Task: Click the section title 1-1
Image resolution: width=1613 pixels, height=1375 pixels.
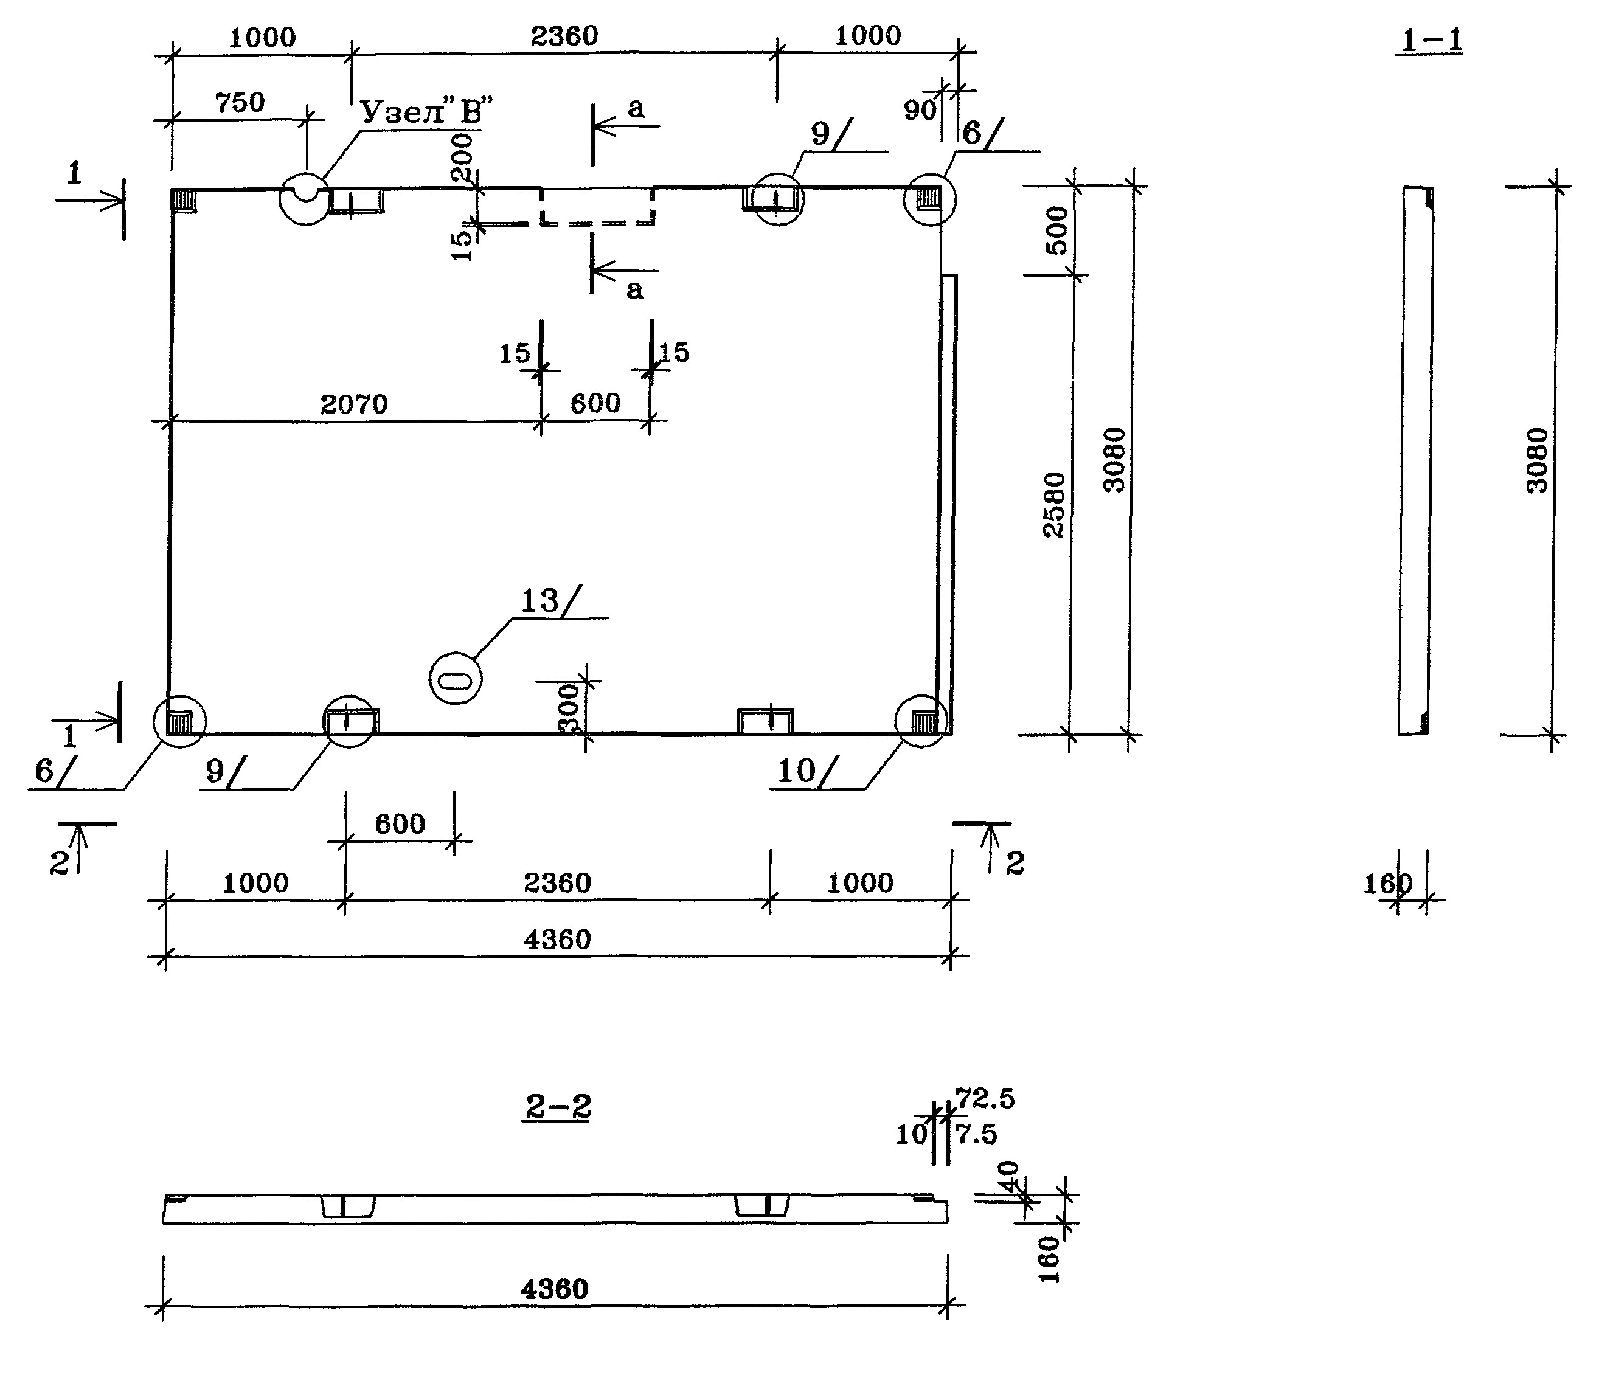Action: pyautogui.click(x=1431, y=41)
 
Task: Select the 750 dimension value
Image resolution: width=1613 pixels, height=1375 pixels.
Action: pyautogui.click(x=240, y=102)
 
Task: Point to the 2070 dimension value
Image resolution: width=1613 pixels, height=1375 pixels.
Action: pyautogui.click(x=353, y=404)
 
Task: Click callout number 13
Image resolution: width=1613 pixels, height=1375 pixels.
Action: pyautogui.click(x=539, y=601)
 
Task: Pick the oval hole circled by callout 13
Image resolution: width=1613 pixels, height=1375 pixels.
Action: pyautogui.click(x=456, y=679)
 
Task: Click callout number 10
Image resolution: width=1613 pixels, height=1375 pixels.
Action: pyautogui.click(x=796, y=771)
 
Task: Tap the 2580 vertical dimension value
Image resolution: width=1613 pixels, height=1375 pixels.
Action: pyautogui.click(x=1055, y=504)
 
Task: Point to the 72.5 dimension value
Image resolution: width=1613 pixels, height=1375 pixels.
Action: pyautogui.click(x=985, y=1099)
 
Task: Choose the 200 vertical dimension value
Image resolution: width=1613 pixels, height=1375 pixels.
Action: pyautogui.click(x=462, y=156)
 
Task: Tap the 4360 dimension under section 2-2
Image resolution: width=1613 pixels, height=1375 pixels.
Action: pyautogui.click(x=554, y=1289)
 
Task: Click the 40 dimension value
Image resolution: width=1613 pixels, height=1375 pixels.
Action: pyautogui.click(x=1009, y=1177)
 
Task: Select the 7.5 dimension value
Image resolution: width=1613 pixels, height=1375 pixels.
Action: pyautogui.click(x=977, y=1135)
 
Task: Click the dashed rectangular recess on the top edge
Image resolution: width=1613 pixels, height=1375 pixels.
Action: pyautogui.click(x=598, y=206)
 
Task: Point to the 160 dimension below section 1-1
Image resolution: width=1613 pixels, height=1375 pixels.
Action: pyautogui.click(x=1387, y=884)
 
